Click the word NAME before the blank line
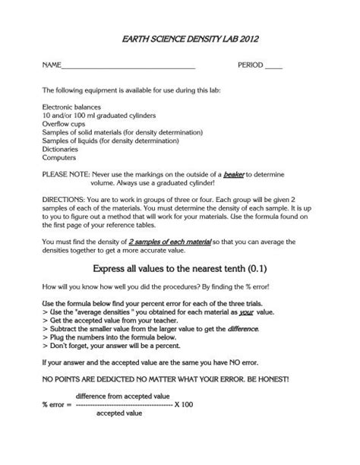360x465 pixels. (x=52, y=66)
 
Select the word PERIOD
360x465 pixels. (x=251, y=66)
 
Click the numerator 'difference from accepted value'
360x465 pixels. (x=122, y=396)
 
